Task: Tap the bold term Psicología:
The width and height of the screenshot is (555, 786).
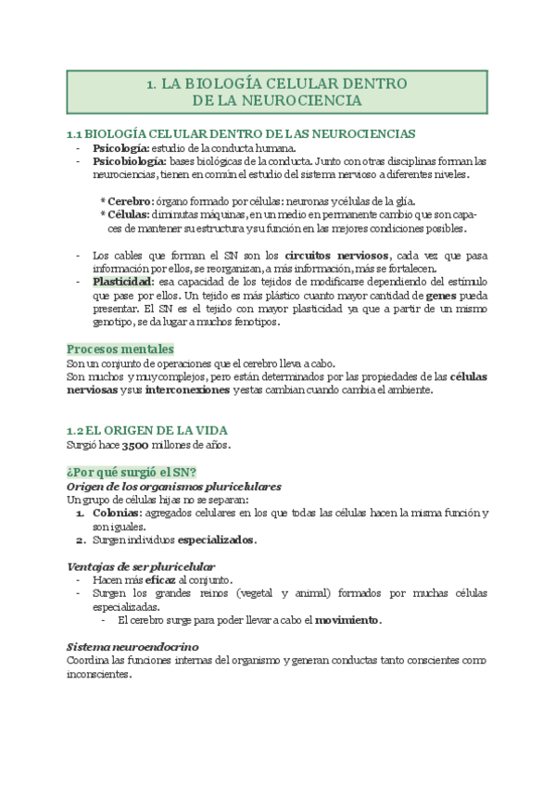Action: tap(120, 148)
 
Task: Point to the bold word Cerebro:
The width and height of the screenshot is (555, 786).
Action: tap(131, 202)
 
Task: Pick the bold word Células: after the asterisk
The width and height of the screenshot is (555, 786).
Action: tap(129, 215)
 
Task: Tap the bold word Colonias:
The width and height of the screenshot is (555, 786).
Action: tap(116, 513)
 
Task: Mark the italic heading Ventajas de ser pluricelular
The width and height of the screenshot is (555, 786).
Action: tap(141, 566)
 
